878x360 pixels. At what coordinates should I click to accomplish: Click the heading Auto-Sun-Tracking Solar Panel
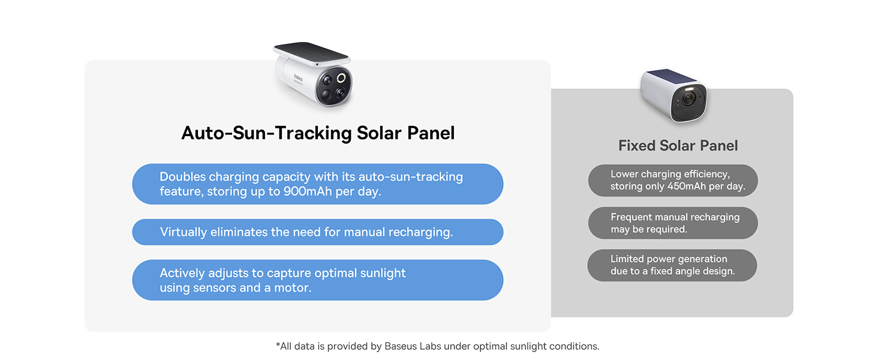click(x=318, y=133)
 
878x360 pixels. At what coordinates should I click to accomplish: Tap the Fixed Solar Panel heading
click(x=678, y=145)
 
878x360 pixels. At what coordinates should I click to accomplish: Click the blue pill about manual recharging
click(x=317, y=232)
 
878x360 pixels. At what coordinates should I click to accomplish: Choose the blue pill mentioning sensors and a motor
click(x=317, y=280)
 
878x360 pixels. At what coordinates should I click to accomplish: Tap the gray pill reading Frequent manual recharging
click(x=673, y=223)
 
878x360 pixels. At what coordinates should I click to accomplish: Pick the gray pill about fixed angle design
click(x=672, y=265)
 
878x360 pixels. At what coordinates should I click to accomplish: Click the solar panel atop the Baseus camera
click(x=311, y=54)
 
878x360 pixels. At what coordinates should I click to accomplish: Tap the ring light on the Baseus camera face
click(x=341, y=78)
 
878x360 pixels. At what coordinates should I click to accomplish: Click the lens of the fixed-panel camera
click(x=688, y=98)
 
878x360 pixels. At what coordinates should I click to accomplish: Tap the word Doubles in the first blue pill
click(x=182, y=176)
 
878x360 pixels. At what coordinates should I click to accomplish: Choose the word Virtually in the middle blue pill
click(x=183, y=232)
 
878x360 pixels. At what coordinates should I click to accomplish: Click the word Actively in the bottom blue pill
click(x=182, y=273)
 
